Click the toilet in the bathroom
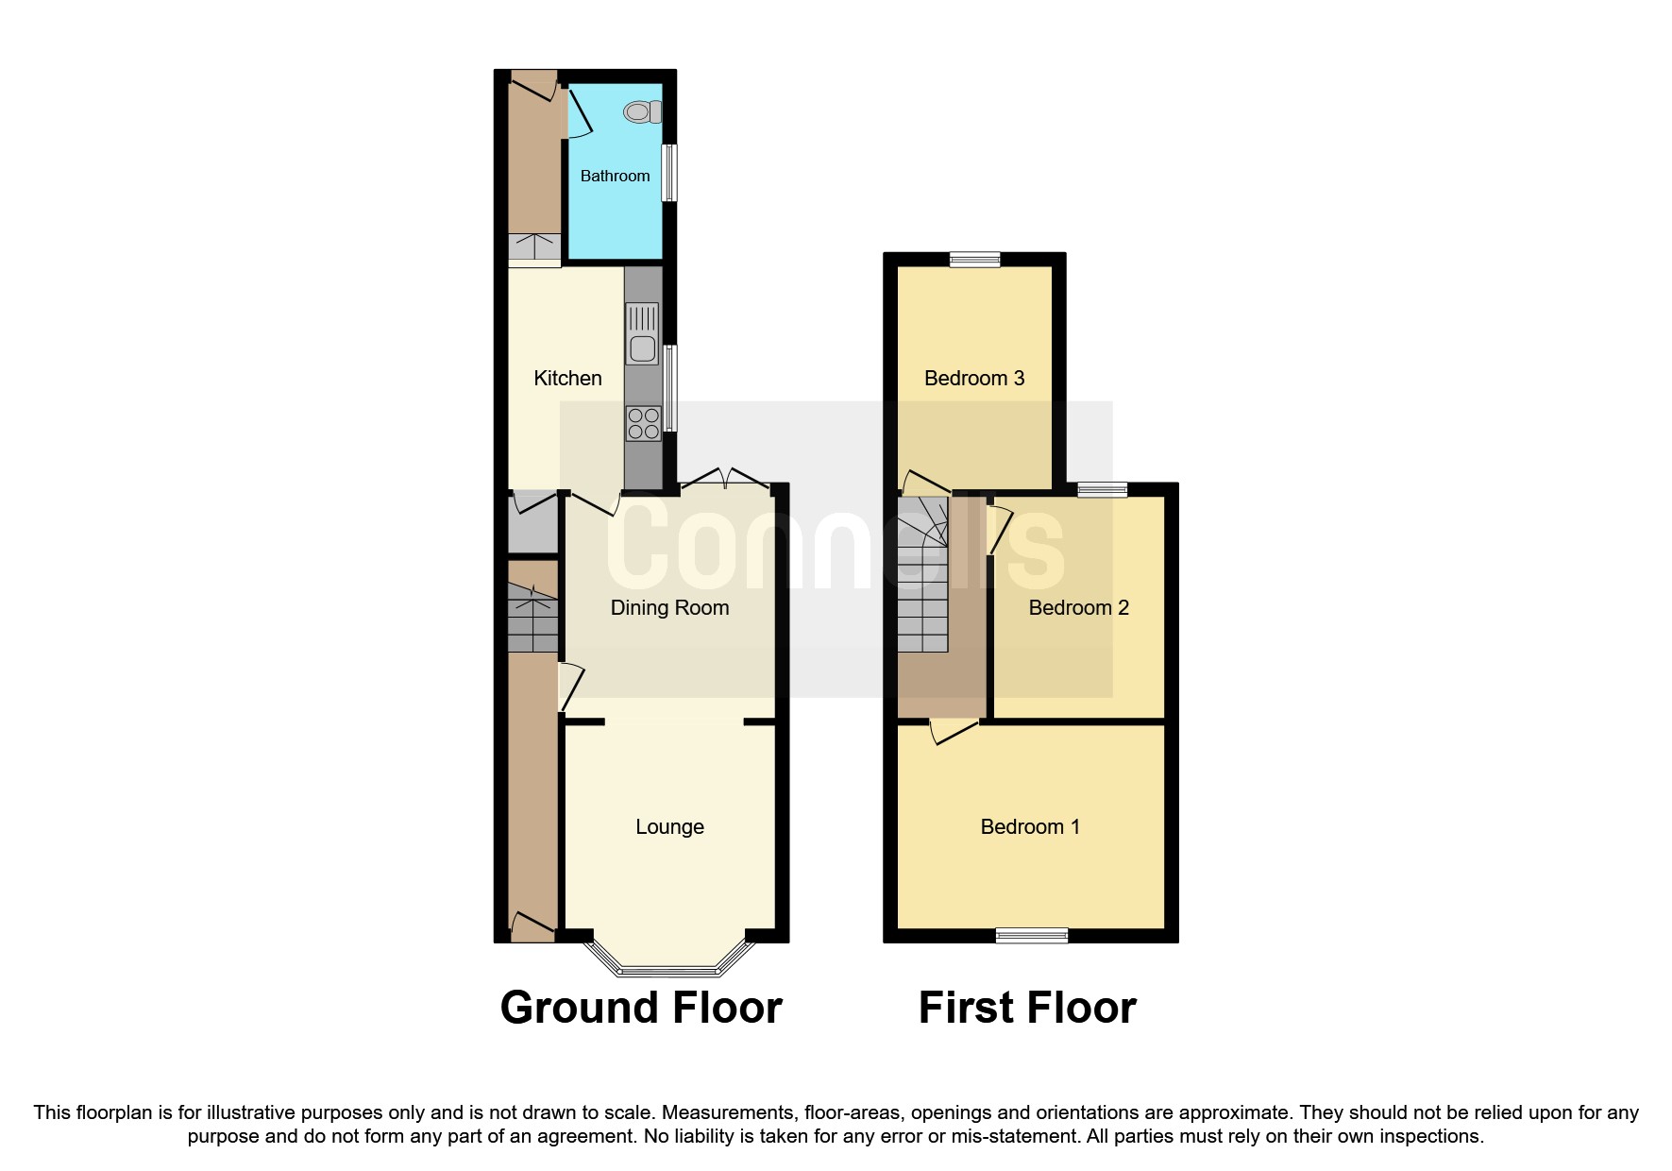coord(643,112)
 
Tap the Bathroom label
coord(615,176)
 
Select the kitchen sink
coord(642,333)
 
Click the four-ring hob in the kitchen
coord(643,423)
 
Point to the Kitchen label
coord(567,378)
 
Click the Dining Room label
coord(669,607)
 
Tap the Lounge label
coord(669,826)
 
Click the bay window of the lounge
coord(669,968)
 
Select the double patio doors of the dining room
coord(726,478)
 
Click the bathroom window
coord(668,172)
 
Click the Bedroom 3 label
coord(974,378)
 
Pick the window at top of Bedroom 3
coord(974,260)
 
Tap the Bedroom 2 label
coord(1078,607)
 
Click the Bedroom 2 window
coord(1103,489)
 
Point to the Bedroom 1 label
coord(1029,826)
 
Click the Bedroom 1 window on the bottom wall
coord(1032,935)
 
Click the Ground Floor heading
coord(641,1008)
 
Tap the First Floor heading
coord(1027,1008)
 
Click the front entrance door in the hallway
coord(532,927)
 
